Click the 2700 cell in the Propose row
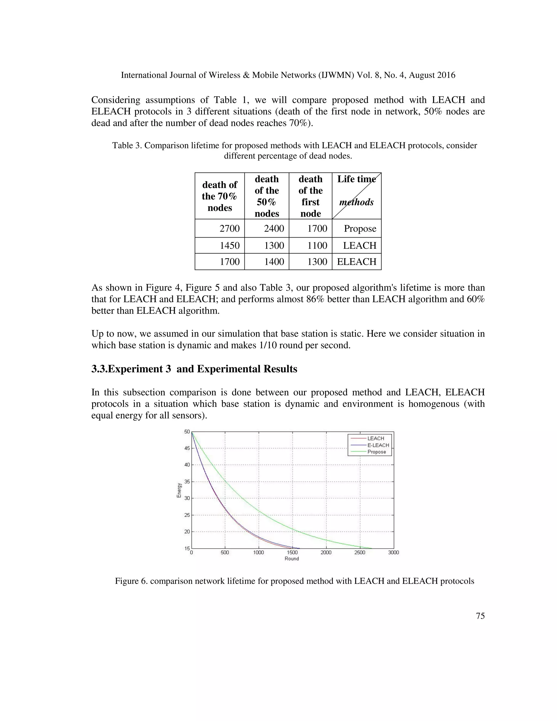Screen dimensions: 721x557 pos(230,229)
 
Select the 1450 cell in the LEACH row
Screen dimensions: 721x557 pos(230,245)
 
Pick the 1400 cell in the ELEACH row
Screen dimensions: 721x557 pos(274,261)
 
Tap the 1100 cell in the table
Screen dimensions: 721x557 pos(317,245)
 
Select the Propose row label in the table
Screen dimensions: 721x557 pos(360,229)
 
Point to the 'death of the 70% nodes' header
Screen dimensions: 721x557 pos(219,196)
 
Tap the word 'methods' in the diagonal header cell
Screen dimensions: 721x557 pos(356,202)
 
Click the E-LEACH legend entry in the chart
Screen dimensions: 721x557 pos(378,445)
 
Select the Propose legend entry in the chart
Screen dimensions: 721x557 pos(376,452)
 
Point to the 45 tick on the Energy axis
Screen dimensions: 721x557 pos(187,448)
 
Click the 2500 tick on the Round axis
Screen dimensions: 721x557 pos(360,553)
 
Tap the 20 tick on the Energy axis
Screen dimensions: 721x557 pos(187,532)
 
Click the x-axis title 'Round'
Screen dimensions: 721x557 pos(292,559)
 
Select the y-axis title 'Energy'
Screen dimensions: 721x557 pos(179,490)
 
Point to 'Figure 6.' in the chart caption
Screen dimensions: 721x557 pos(131,581)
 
